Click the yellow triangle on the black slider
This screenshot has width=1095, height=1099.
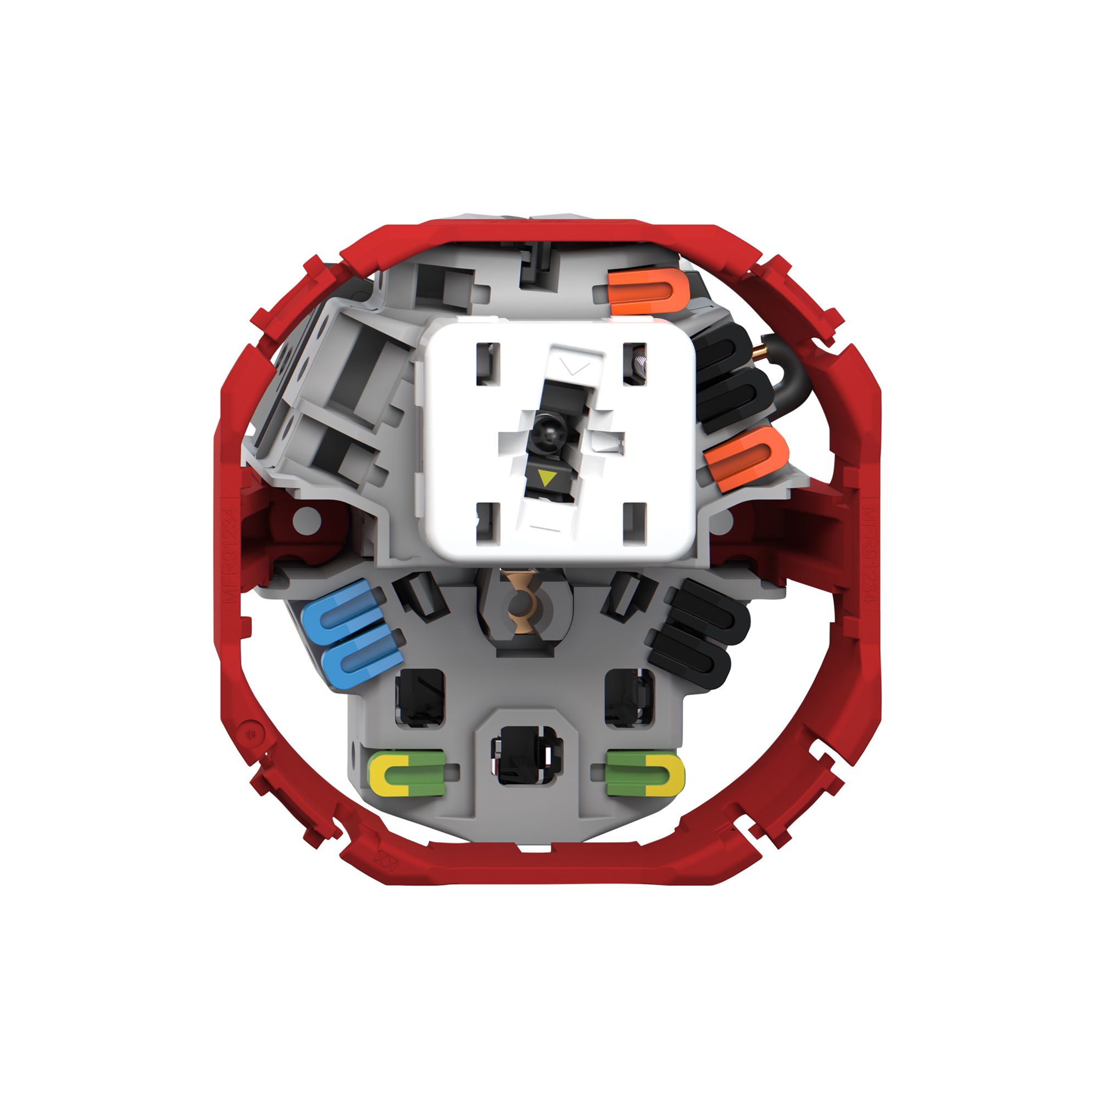[547, 478]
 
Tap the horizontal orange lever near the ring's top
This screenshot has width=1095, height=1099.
[648, 291]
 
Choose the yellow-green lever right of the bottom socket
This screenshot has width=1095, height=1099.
[646, 772]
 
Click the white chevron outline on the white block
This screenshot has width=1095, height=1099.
[574, 367]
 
